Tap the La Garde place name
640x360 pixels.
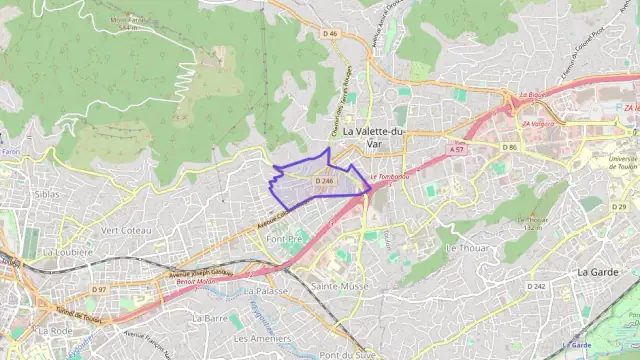tap(597, 271)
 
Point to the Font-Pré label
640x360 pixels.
tap(285, 239)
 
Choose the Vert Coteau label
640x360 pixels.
tap(126, 230)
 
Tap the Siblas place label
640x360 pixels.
tap(46, 194)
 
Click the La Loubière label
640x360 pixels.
tap(67, 253)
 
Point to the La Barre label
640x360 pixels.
tap(211, 317)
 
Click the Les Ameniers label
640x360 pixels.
tap(268, 338)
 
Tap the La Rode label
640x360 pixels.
tap(55, 330)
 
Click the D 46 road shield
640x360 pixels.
tap(331, 34)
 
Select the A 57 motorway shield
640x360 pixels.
tap(457, 150)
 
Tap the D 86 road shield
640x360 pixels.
tap(510, 147)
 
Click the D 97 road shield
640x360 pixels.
tap(99, 289)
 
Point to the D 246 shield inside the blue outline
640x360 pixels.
tap(323, 181)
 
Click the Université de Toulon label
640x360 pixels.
tap(622, 163)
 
